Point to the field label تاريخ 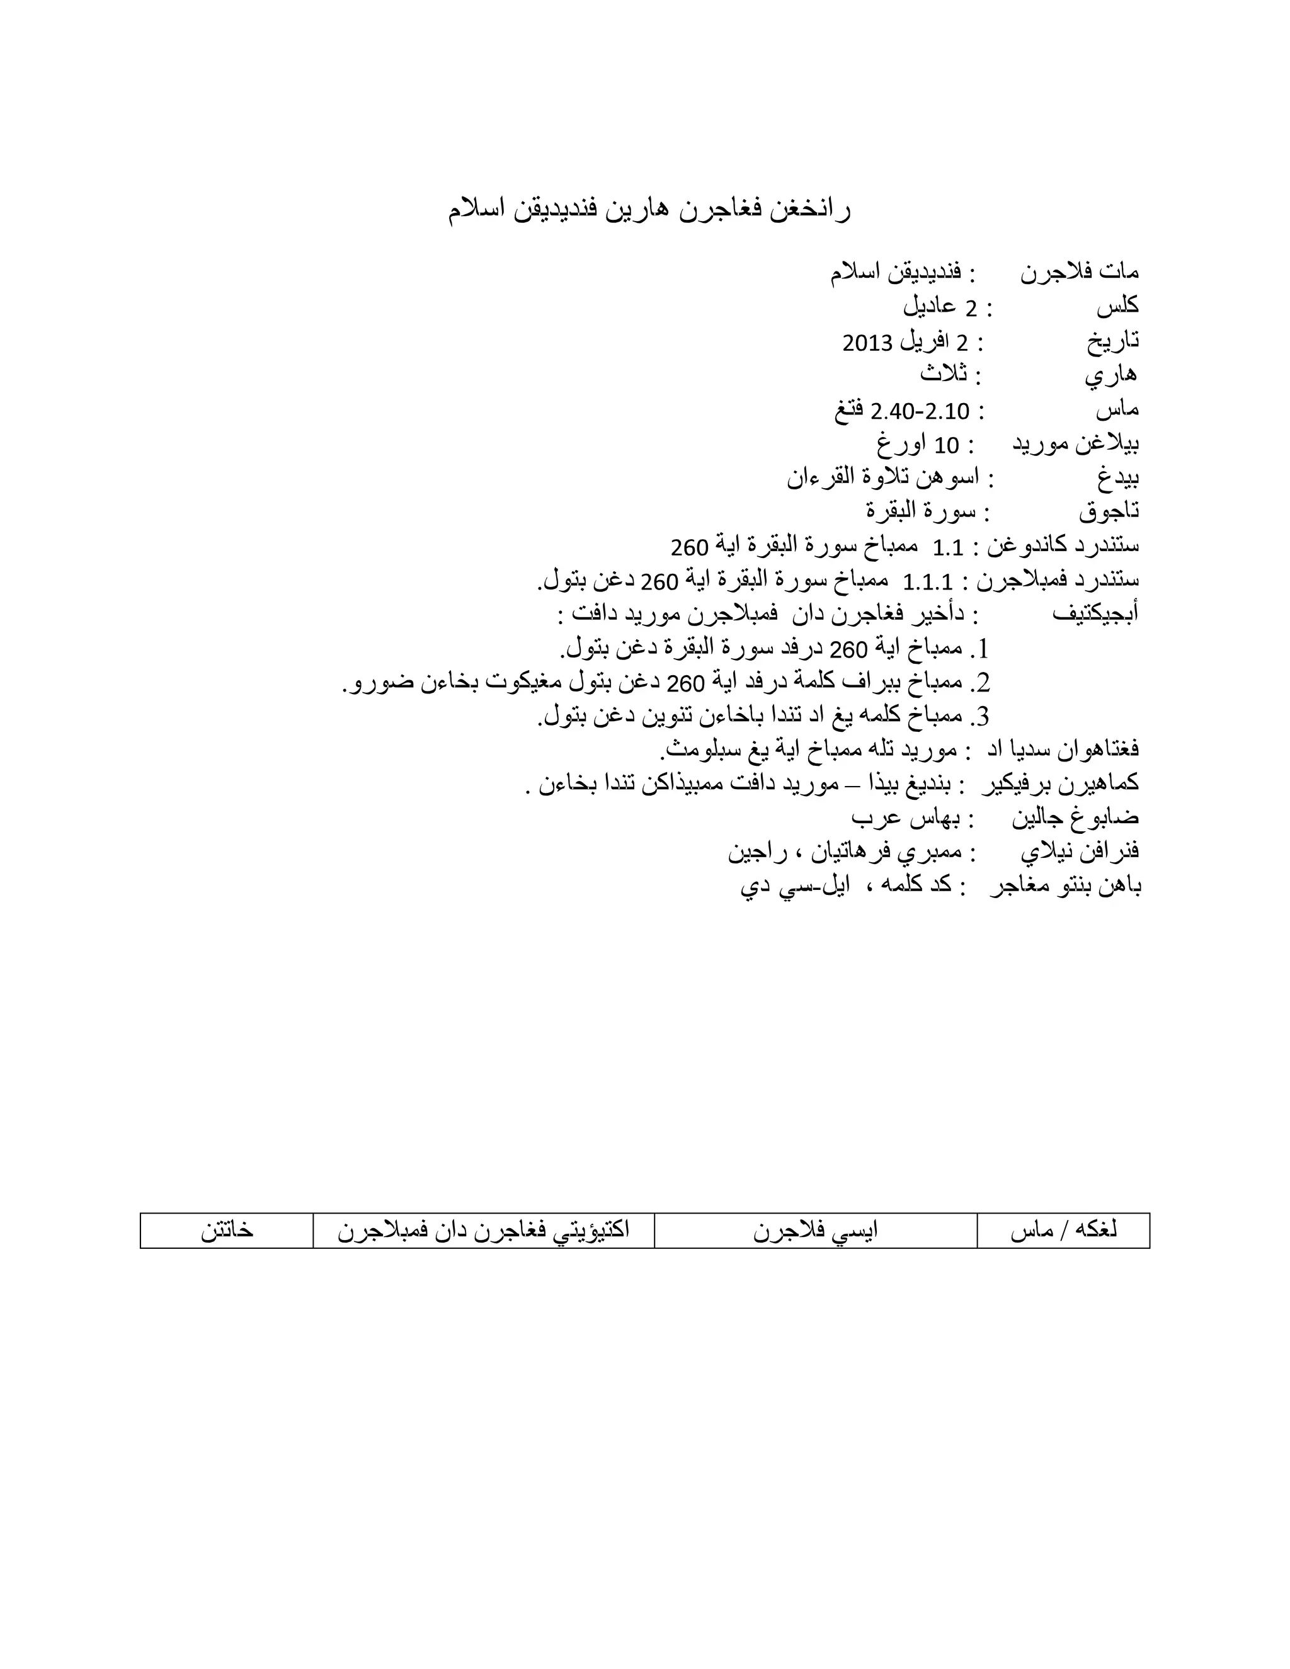coord(1113,341)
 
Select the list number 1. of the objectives coord(979,649)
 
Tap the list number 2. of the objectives coord(979,683)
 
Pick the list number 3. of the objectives coord(979,717)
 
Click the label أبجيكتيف coord(1095,613)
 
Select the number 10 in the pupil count coord(947,445)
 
